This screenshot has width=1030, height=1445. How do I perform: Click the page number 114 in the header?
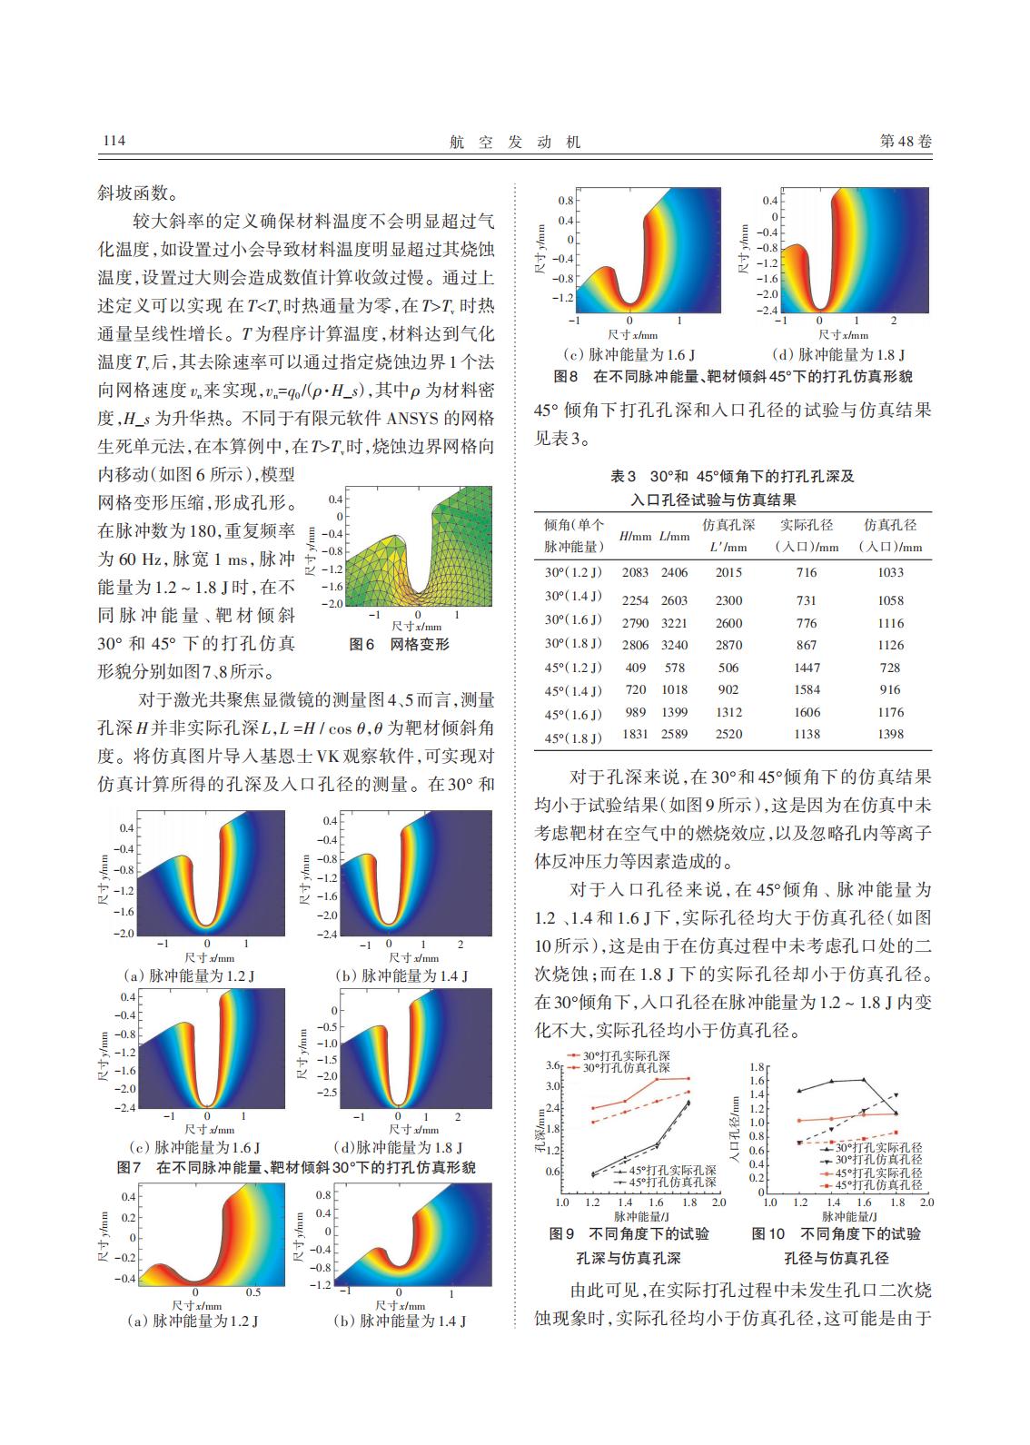point(114,141)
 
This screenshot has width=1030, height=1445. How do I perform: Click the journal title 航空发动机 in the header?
point(515,142)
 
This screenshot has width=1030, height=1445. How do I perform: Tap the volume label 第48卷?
point(906,141)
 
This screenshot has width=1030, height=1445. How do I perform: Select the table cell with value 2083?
point(635,572)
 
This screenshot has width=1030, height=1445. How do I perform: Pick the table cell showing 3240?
point(674,645)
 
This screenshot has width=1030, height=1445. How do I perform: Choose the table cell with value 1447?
point(807,668)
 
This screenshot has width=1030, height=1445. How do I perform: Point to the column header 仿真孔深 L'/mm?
point(728,536)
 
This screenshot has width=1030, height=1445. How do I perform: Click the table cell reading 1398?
point(890,734)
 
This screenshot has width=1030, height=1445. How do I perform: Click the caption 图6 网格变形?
point(399,645)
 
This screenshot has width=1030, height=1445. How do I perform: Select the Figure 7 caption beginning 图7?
point(296,1167)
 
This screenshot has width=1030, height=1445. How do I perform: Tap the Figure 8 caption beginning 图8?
point(733,376)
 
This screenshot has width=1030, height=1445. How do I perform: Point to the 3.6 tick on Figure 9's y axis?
point(553,1065)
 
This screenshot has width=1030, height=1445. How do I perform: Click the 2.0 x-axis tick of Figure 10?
point(926,1203)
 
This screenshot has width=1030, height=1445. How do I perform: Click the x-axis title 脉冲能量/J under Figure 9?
point(640,1216)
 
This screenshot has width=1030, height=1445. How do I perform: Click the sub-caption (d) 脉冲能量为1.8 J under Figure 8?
point(837,355)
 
